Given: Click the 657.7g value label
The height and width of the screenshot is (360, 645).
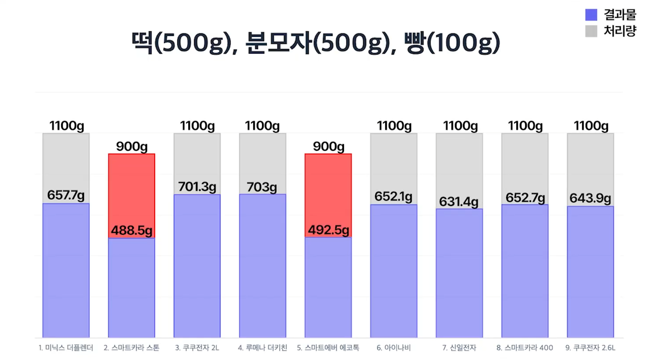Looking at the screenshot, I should (66, 195).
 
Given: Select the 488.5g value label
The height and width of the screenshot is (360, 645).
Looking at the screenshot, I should (131, 230).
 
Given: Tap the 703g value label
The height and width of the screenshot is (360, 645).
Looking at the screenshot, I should (262, 187).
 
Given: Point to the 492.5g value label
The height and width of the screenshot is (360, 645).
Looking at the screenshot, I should (328, 230).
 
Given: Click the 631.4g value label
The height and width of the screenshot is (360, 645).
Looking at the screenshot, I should (459, 201).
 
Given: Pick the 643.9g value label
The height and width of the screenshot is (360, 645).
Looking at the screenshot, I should (590, 198).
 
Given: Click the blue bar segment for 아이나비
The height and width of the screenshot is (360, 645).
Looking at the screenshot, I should (394, 271).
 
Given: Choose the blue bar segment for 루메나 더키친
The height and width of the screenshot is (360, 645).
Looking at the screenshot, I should (262, 267).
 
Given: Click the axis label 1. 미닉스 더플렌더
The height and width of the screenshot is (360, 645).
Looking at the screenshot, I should (66, 348).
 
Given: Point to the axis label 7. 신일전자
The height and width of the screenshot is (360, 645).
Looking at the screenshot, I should (459, 348).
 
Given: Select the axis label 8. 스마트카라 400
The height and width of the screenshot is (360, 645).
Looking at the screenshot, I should (525, 348).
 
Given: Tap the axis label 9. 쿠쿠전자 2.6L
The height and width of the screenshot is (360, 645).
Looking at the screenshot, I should (590, 348).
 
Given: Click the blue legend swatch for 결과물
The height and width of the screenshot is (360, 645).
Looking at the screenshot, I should (591, 15).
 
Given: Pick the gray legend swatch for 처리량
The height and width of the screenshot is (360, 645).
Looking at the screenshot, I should (591, 31).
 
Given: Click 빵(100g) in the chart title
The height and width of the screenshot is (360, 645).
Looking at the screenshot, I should (452, 43).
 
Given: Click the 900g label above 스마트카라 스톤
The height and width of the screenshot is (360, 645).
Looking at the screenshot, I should (132, 146).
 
